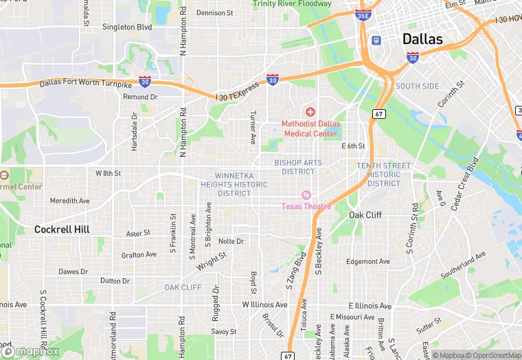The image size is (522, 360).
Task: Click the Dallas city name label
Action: coord(422,38)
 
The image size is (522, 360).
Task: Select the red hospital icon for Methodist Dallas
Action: coord(310,111)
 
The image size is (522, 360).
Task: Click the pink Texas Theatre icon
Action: coord(306,195)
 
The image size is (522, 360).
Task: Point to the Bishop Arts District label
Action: coord(297,167)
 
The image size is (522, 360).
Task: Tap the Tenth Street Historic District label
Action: coord(384,175)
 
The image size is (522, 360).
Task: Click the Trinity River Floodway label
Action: coord(292,4)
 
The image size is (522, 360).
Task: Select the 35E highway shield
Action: coord(363,14)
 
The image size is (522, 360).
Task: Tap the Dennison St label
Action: coord(215,12)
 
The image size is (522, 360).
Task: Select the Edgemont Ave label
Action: coord(367,261)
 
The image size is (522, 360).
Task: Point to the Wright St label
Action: coord(212,261)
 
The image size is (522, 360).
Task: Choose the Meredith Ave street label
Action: coord(69,201)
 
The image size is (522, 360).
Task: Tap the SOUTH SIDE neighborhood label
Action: coord(417,87)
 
